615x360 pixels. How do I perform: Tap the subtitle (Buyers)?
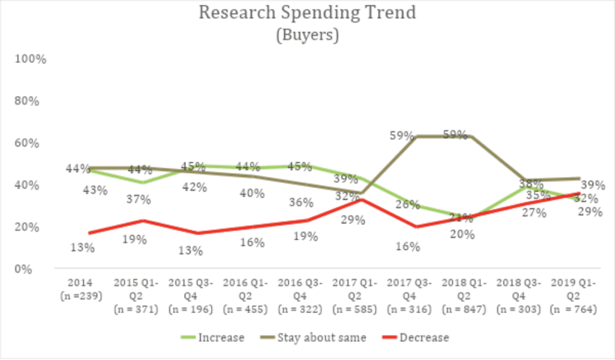[307, 35]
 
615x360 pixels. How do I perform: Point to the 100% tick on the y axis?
[31, 59]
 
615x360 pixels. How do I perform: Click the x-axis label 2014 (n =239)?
[81, 288]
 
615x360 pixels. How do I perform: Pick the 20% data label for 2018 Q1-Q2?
[462, 234]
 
